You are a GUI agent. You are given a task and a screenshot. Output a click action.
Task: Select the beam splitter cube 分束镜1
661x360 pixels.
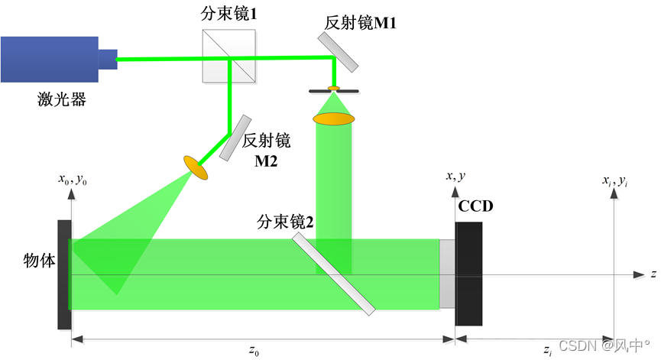[228, 57]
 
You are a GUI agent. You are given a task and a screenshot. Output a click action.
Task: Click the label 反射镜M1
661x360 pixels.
[360, 23]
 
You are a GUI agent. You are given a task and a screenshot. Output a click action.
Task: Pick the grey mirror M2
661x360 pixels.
[235, 138]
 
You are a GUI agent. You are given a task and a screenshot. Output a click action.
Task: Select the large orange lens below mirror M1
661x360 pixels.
[334, 118]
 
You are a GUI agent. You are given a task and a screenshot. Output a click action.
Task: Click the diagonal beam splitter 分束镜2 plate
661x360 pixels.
[334, 274]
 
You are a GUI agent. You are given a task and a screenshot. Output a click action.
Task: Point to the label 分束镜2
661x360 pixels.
[286, 223]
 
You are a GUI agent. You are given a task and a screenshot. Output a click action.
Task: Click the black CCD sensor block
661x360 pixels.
[468, 274]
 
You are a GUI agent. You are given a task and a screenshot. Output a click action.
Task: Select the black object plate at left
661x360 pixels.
[64, 274]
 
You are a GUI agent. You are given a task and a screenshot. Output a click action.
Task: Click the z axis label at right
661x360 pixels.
[654, 274]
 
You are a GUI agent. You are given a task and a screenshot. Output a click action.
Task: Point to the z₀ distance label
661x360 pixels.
[254, 351]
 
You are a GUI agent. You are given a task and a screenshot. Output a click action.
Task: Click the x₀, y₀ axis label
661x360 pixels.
[72, 180]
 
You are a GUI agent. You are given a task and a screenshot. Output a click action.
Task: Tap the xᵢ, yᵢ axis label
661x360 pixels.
[615, 180]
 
